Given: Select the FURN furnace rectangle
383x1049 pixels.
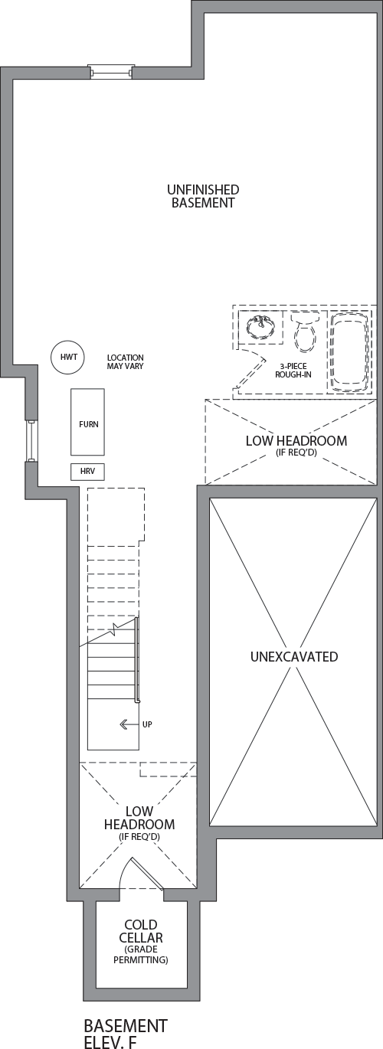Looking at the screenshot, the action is [87, 422].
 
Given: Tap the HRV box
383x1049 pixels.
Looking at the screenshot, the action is [87, 472].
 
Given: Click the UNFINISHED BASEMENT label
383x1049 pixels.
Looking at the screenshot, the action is [203, 196].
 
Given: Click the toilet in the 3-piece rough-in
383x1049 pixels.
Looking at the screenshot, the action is [305, 332].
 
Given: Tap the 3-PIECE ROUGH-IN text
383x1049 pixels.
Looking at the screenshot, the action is [293, 371].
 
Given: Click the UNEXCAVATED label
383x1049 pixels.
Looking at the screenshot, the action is [294, 656].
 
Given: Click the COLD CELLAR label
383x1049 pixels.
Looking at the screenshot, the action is [141, 931].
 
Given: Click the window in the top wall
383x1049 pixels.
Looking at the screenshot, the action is [112, 72].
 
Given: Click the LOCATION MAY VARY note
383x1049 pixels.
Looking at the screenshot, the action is [125, 362].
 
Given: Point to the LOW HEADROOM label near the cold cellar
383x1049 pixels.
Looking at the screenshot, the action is [139, 818].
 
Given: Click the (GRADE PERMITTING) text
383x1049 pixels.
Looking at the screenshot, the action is [140, 955].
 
